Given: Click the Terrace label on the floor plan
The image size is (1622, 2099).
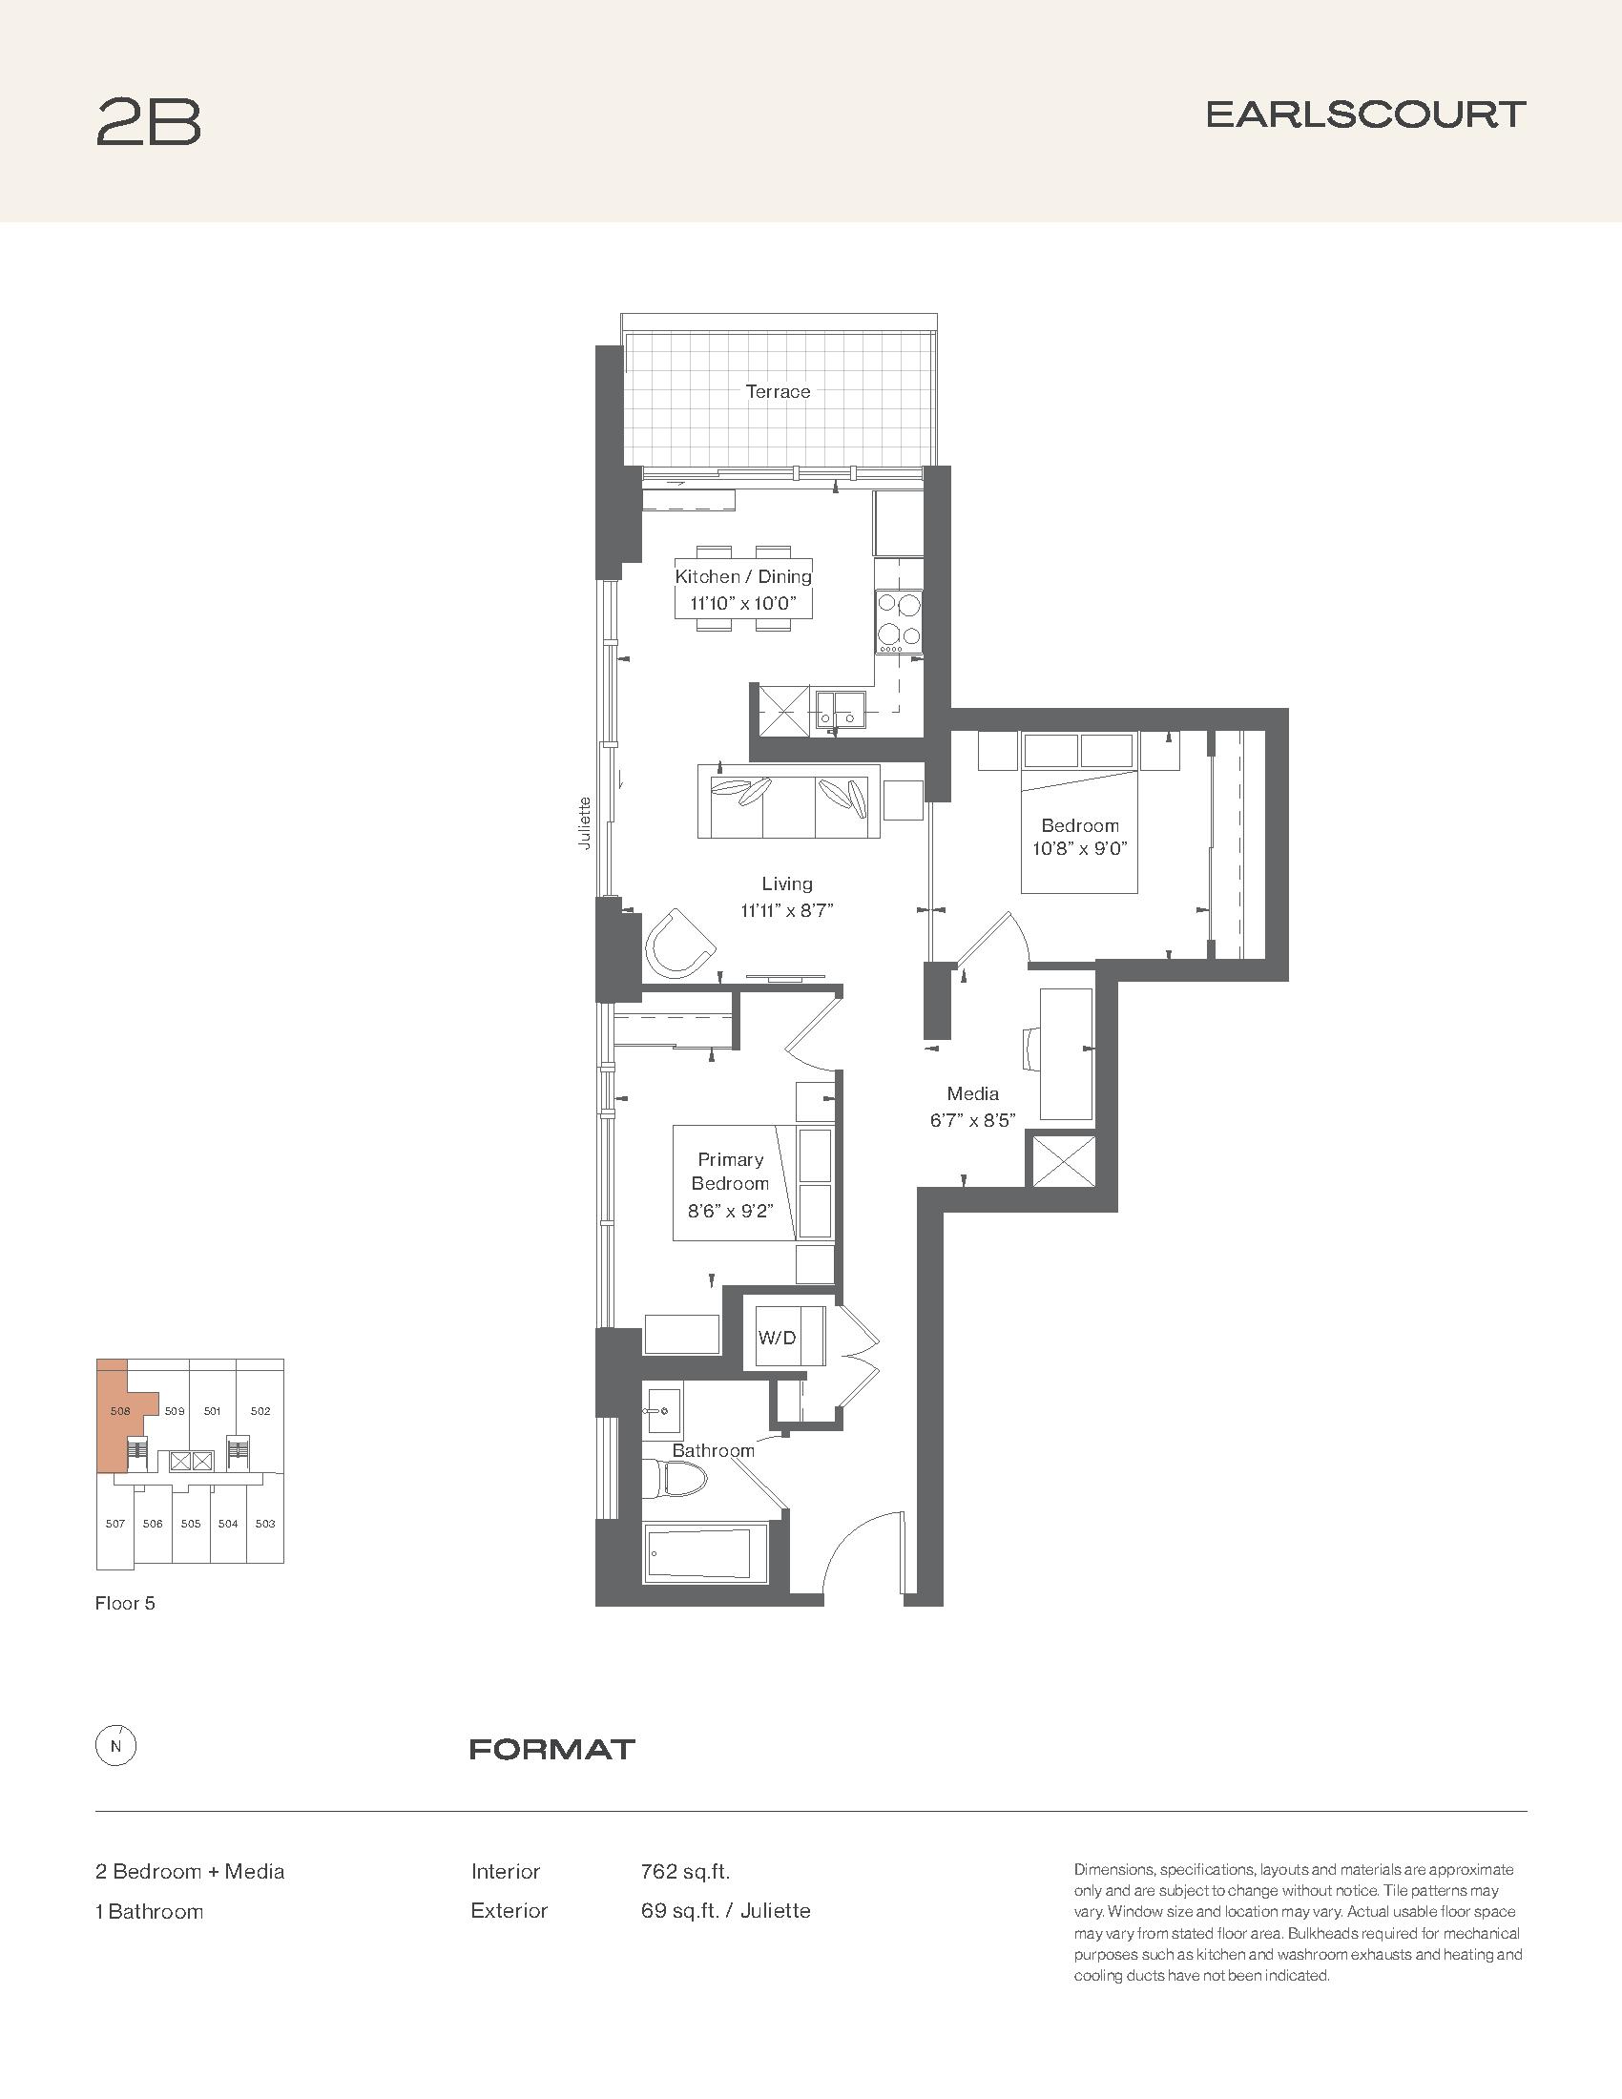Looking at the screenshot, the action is click(x=778, y=391).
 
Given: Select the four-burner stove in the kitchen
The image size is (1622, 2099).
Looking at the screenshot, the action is click(x=899, y=623).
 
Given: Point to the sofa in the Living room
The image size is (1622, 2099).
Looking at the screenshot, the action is click(x=789, y=801).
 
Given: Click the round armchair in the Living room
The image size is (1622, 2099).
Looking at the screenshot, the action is click(x=679, y=943).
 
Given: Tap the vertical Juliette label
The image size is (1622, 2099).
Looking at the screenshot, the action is click(x=584, y=822).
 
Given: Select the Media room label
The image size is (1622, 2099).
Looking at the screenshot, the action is click(x=972, y=1093).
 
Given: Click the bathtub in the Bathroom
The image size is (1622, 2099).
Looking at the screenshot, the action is click(x=705, y=1551).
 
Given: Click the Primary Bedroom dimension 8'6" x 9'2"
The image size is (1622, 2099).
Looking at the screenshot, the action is click(x=730, y=1212).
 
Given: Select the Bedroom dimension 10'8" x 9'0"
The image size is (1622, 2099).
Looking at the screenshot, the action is click(x=1079, y=848).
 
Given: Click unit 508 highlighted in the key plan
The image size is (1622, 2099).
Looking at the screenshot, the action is click(x=120, y=1412).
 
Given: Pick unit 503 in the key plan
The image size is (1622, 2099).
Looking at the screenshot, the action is click(x=265, y=1524).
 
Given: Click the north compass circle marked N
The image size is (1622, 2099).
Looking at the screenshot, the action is click(x=116, y=1747).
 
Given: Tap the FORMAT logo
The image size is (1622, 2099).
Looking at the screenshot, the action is click(x=552, y=1749).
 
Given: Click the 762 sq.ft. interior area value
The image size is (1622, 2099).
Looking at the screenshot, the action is click(x=685, y=1871).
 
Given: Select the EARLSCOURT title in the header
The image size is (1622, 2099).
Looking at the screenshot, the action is click(x=1365, y=115).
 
